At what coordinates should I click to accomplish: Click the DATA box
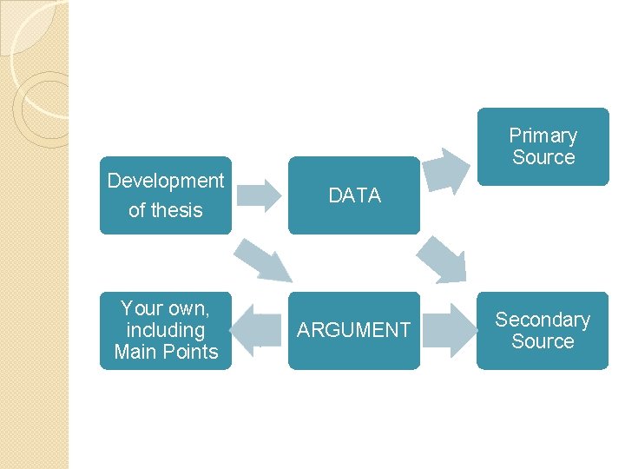pyautogui.click(x=354, y=195)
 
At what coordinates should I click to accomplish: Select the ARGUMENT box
pyautogui.click(x=354, y=330)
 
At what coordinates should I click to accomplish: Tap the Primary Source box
pyautogui.click(x=543, y=146)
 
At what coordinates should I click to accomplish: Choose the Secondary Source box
pyautogui.click(x=543, y=330)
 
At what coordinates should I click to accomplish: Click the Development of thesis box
pyautogui.click(x=166, y=195)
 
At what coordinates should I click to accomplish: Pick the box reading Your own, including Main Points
pyautogui.click(x=166, y=330)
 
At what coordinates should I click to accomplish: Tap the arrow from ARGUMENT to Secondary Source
pyautogui.click(x=449, y=330)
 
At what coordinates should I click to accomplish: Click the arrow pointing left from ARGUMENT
pyautogui.click(x=259, y=330)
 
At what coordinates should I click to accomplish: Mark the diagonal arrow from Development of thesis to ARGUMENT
pyautogui.click(x=263, y=259)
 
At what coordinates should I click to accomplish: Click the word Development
pyautogui.click(x=166, y=181)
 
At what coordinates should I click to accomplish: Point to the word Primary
pyautogui.click(x=543, y=135)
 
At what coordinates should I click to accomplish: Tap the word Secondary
pyautogui.click(x=543, y=320)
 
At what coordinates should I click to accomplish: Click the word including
pyautogui.click(x=166, y=330)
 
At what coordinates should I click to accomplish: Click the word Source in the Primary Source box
pyautogui.click(x=543, y=157)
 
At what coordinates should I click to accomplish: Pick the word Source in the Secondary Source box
pyautogui.click(x=543, y=341)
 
